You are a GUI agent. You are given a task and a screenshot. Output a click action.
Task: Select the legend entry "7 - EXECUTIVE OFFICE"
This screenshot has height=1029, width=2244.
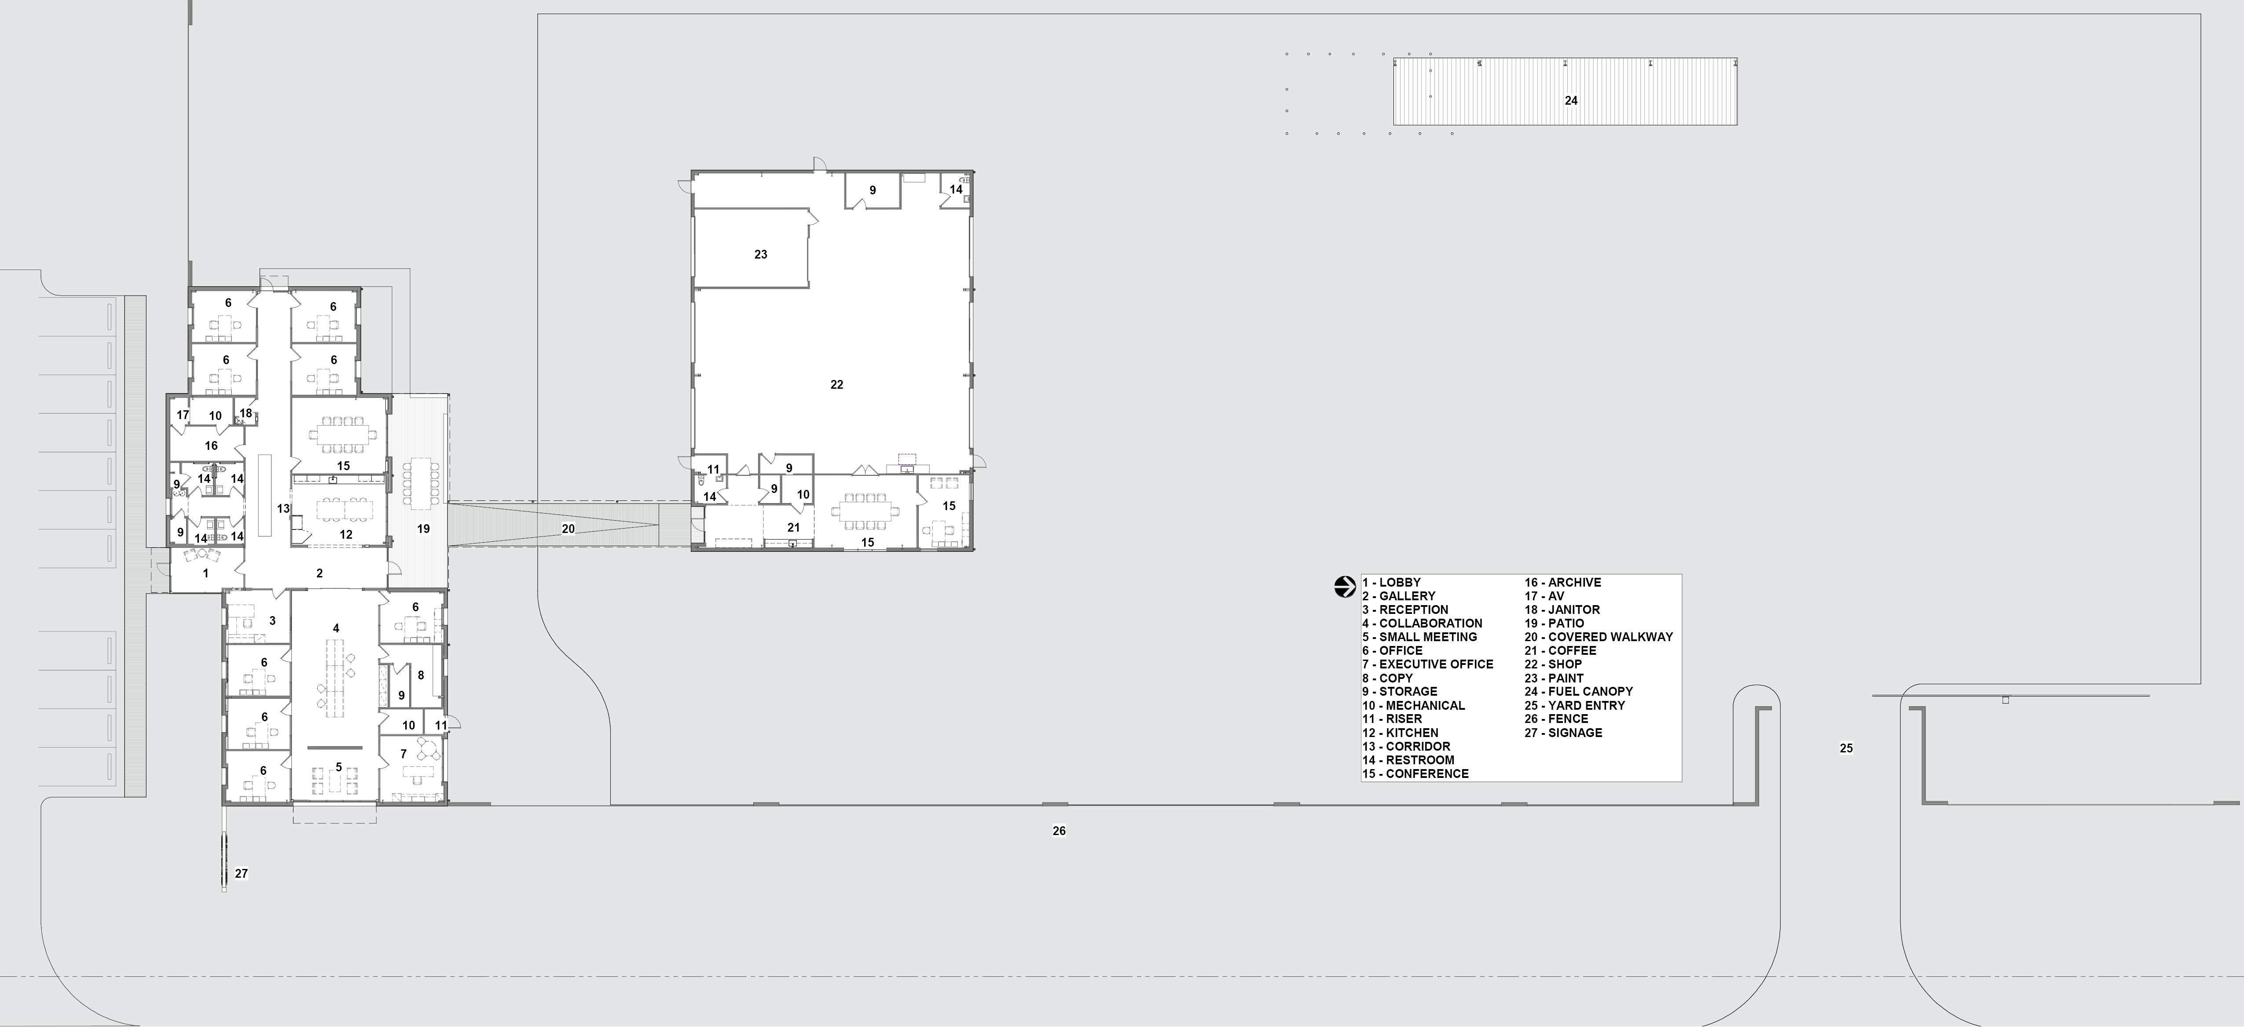pyautogui.click(x=1428, y=664)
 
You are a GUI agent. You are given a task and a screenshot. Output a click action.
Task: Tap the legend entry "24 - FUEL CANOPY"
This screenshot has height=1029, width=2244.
pyautogui.click(x=1578, y=691)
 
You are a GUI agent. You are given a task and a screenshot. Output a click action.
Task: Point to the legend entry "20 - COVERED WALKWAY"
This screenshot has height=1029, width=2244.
pyautogui.click(x=1599, y=636)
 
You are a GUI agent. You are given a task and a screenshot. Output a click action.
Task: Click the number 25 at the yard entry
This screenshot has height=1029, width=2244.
pyautogui.click(x=1846, y=748)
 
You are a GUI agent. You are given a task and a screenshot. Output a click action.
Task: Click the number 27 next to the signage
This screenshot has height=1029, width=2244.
pyautogui.click(x=241, y=873)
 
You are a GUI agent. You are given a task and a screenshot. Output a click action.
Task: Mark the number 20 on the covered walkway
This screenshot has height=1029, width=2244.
pyautogui.click(x=568, y=529)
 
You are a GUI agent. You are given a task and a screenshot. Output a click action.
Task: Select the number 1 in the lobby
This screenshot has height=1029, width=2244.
pyautogui.click(x=205, y=573)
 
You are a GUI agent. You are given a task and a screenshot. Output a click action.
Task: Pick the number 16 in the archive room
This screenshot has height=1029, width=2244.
pyautogui.click(x=211, y=446)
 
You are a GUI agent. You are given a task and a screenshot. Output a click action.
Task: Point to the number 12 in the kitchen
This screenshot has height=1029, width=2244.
pyautogui.click(x=346, y=535)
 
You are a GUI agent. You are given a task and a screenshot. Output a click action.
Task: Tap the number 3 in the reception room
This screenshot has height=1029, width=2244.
pyautogui.click(x=273, y=621)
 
